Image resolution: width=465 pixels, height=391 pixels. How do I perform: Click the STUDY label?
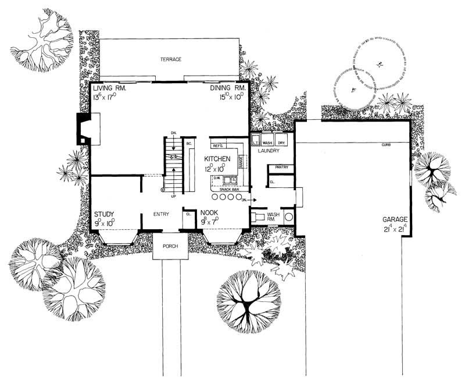[105, 214]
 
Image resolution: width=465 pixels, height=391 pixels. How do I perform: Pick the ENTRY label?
[161, 214]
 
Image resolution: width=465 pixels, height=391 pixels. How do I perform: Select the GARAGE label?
[395, 219]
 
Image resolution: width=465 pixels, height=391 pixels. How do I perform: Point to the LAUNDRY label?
[268, 151]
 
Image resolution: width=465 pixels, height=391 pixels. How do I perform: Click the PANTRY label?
[281, 168]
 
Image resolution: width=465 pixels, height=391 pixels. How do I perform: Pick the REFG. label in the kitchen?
[219, 145]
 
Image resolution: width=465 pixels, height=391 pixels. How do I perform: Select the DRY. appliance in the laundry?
[281, 142]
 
